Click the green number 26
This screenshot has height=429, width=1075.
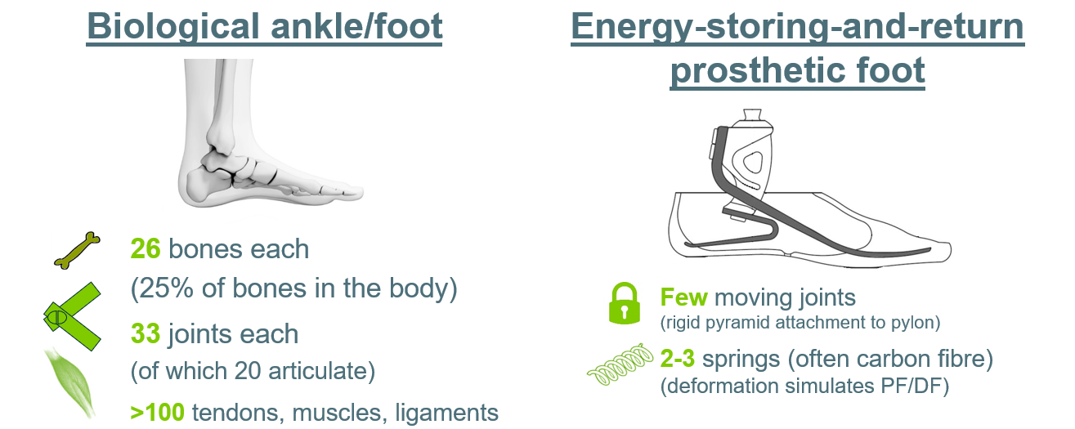[145, 248]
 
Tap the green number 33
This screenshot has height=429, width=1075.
[145, 333]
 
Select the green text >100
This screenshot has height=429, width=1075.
[158, 412]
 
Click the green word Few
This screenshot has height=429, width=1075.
[683, 297]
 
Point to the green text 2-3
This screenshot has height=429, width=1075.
[677, 359]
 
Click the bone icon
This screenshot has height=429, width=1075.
[78, 251]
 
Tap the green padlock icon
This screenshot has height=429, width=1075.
[625, 303]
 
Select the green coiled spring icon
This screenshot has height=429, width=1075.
[620, 364]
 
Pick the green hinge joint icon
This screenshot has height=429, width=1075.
[73, 317]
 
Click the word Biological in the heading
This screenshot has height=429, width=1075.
[173, 27]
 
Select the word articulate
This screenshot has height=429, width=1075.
[321, 371]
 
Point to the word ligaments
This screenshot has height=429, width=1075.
[447, 413]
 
